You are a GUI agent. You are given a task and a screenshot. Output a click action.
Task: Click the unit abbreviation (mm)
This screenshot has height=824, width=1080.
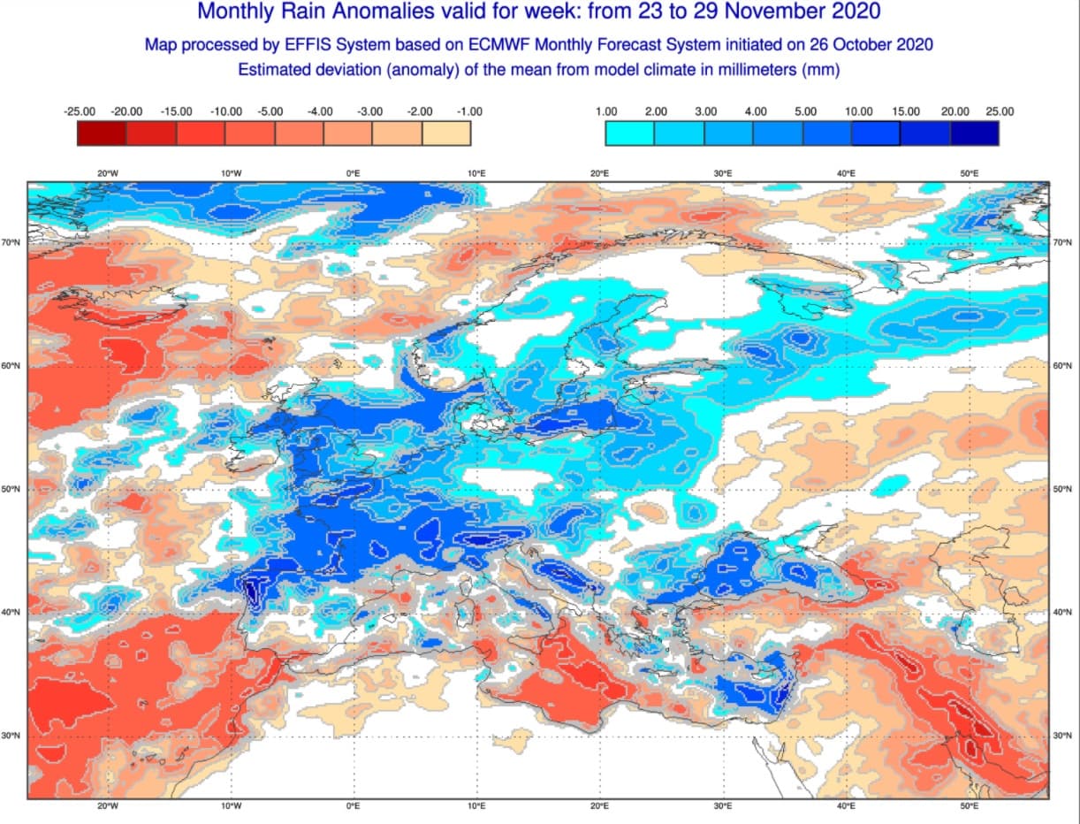(819, 69)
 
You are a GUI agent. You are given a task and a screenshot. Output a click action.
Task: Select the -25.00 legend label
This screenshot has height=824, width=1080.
(80, 111)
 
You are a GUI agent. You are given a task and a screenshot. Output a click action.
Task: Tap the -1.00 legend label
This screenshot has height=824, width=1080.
(468, 111)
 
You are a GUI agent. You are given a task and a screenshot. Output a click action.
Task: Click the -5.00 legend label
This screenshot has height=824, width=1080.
(270, 111)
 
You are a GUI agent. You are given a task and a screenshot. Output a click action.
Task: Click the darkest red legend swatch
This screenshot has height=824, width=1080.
(102, 133)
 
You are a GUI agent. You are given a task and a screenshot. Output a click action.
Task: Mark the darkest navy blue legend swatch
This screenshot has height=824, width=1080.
(974, 133)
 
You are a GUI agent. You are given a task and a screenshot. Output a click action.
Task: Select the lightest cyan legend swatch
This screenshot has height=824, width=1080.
(629, 133)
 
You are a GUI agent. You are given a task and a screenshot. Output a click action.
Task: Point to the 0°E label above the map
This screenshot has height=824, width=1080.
(354, 173)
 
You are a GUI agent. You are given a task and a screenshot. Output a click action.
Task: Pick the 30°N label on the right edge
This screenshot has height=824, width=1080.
(1064, 736)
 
